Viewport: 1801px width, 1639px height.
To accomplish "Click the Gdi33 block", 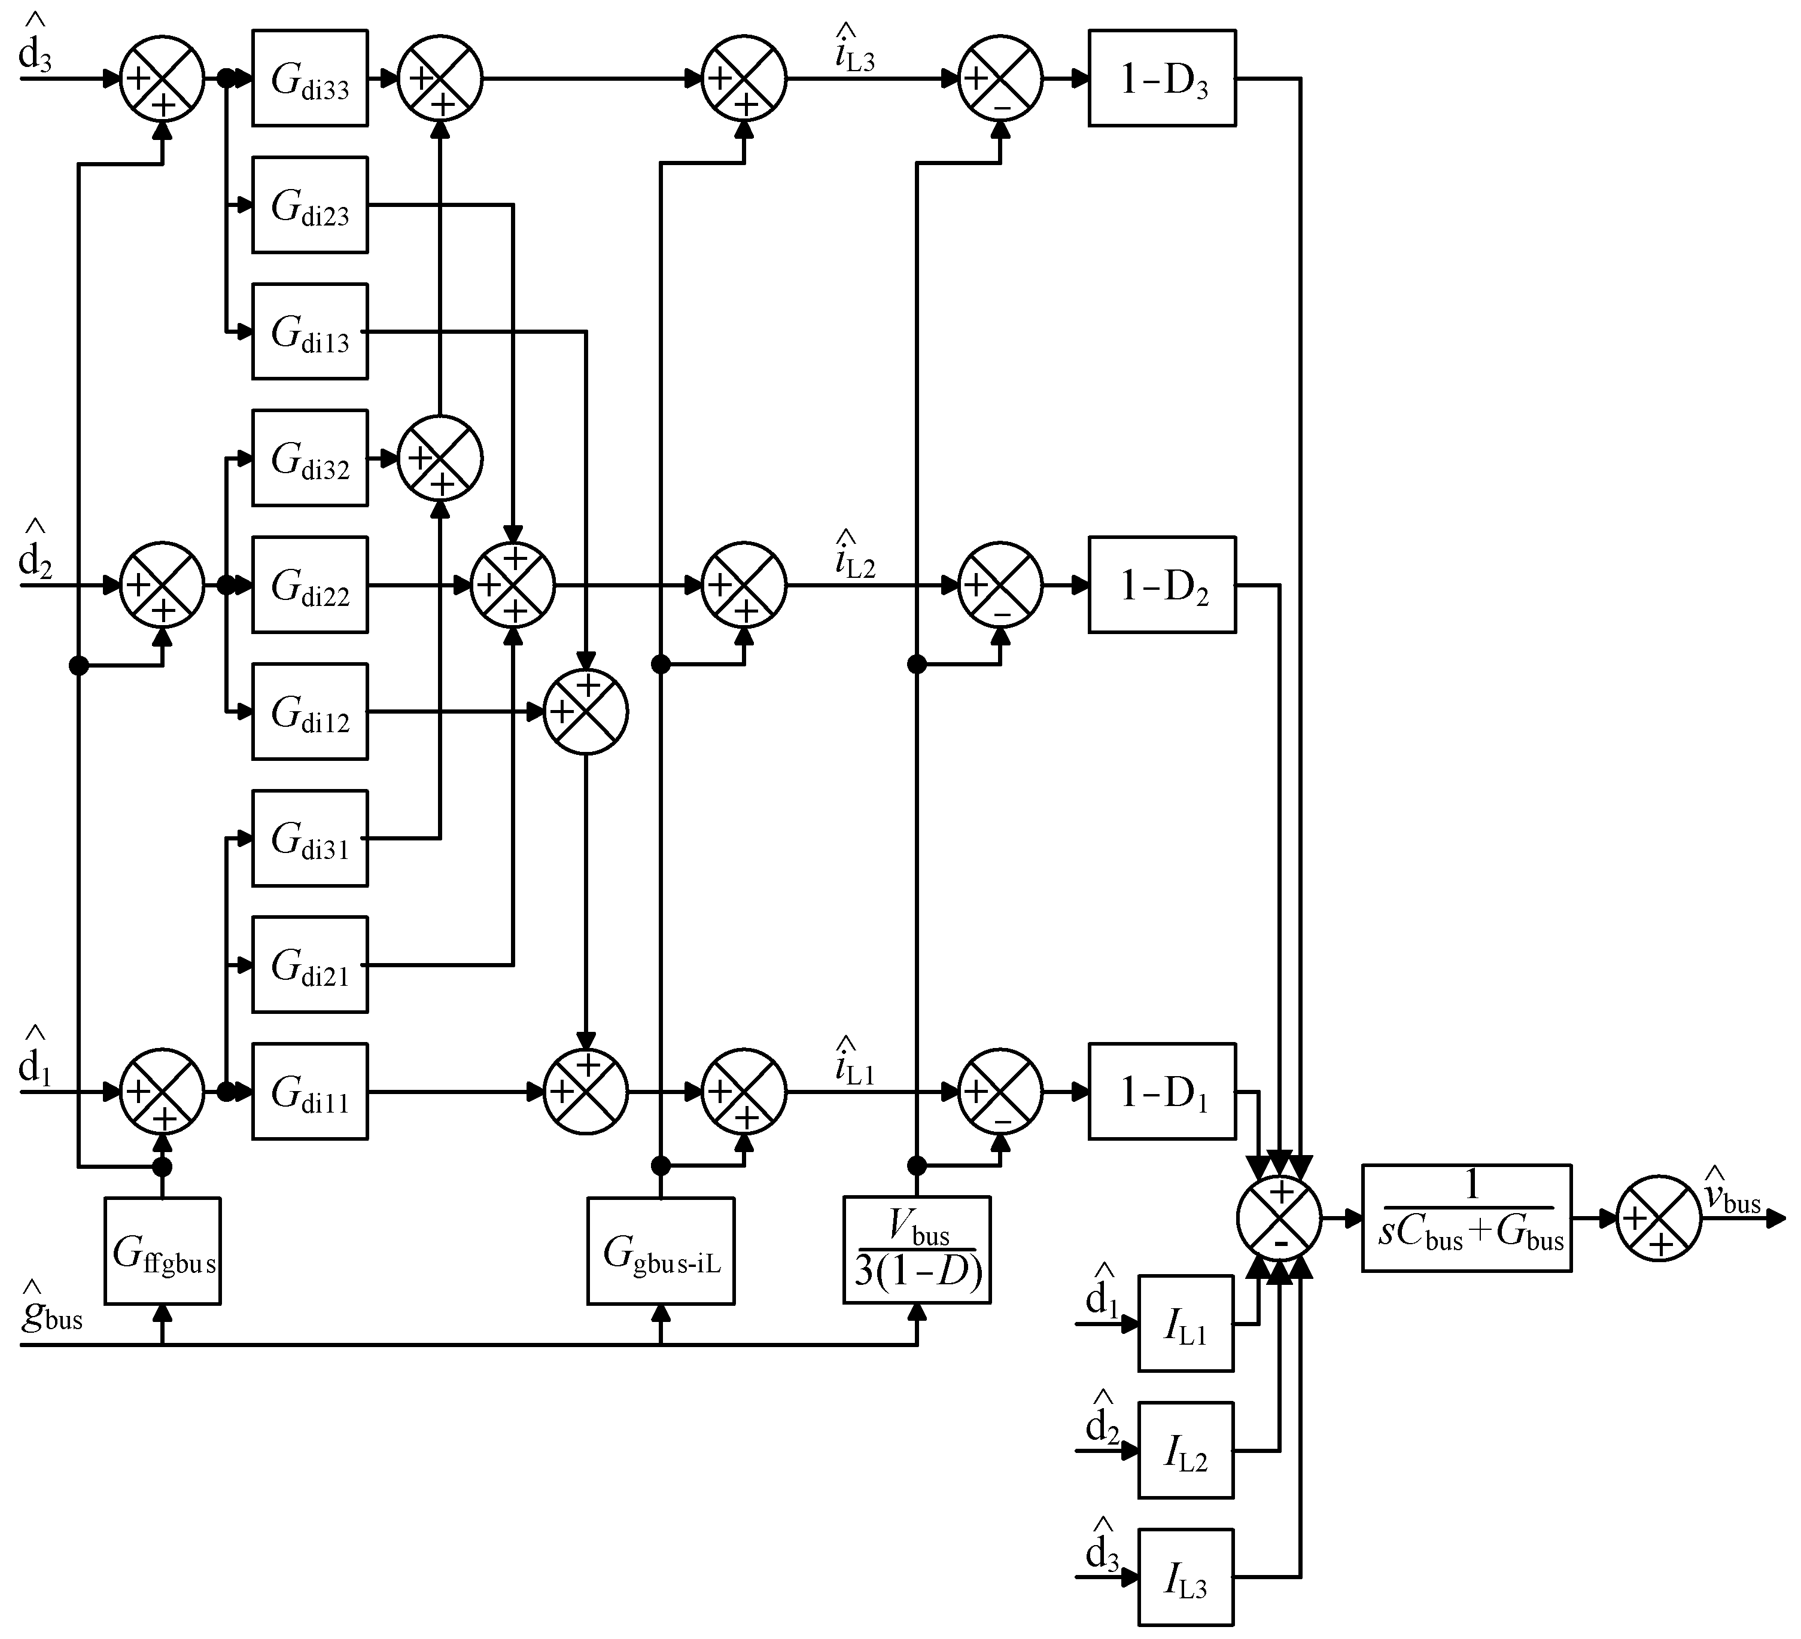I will pyautogui.click(x=310, y=78).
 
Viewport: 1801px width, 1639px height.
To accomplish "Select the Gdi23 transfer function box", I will pyautogui.click(x=310, y=205).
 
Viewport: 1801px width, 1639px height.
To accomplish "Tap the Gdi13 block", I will pyautogui.click(x=310, y=331).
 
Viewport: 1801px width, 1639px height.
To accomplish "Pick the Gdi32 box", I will pyautogui.click(x=310, y=458).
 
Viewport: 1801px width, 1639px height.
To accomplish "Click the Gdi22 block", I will pyautogui.click(x=310, y=585).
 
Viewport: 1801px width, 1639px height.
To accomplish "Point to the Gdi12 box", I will pyautogui.click(x=310, y=712).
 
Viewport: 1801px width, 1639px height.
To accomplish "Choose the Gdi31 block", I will pyautogui.click(x=310, y=839).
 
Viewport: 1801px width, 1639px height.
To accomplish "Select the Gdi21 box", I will pyautogui.click(x=310, y=965).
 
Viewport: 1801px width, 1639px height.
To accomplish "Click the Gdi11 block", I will pyautogui.click(x=310, y=1092).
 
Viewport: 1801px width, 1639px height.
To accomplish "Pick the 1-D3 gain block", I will pyautogui.click(x=1162, y=78).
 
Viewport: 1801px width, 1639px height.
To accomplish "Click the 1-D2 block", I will pyautogui.click(x=1162, y=585).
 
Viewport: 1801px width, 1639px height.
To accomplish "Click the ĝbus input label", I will pyautogui.click(x=52, y=1313).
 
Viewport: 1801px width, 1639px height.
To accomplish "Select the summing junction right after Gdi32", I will pyautogui.click(x=440, y=458).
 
